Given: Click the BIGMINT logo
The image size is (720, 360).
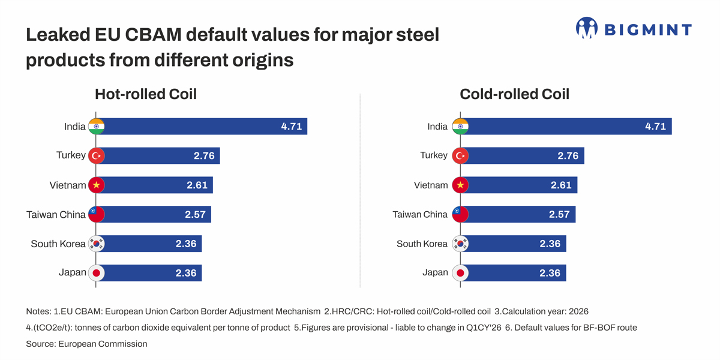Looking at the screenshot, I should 634,28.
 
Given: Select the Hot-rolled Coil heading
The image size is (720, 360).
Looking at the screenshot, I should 146,94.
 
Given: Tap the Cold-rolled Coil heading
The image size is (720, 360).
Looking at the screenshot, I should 514,94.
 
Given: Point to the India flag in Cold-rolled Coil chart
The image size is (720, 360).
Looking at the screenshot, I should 460,127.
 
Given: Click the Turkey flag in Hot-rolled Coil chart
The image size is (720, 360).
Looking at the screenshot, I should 97,156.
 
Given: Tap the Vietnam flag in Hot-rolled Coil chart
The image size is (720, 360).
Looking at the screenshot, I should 97,185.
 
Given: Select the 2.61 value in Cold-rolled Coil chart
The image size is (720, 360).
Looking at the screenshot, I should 561,185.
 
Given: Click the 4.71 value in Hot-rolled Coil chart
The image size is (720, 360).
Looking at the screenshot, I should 292,127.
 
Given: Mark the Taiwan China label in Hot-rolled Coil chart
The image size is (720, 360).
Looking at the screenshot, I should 56,214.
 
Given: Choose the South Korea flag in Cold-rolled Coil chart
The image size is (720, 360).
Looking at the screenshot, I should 460,244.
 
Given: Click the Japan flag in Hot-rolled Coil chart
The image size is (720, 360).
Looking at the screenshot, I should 97,273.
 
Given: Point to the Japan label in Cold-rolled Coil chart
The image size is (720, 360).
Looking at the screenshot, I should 435,272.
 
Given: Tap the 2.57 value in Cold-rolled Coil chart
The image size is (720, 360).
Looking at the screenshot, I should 559,214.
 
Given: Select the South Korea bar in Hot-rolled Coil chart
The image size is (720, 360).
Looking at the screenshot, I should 153,244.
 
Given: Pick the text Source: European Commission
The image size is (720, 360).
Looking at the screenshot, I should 86,344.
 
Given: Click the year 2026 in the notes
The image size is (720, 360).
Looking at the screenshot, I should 578,311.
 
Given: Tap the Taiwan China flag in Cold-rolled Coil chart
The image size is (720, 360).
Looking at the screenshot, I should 460,214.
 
